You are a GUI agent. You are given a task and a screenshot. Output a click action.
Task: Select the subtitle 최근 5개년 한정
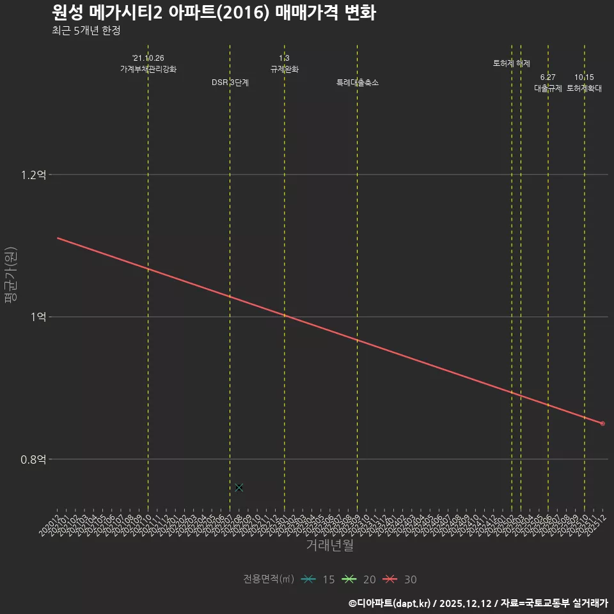click(x=86, y=31)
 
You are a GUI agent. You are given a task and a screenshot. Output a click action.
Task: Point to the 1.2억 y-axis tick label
click(x=33, y=175)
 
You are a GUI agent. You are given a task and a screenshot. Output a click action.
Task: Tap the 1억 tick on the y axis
click(x=38, y=317)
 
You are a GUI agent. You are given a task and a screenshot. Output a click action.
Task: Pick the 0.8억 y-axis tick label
click(x=33, y=459)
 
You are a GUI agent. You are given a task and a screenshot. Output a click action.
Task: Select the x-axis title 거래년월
click(x=329, y=546)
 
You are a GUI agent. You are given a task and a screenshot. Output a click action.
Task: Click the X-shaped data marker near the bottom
click(x=239, y=487)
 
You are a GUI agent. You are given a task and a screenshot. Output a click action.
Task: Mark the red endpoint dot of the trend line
click(x=602, y=423)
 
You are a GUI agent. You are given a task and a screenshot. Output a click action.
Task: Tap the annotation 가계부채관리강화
click(x=148, y=69)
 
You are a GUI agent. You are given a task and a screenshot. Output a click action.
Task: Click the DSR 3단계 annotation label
click(x=230, y=83)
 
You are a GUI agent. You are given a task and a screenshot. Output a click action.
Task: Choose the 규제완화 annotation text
click(x=285, y=69)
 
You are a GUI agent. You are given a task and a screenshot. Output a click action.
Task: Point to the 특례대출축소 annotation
click(x=358, y=83)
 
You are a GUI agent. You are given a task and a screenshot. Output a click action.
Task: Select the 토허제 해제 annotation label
click(x=512, y=63)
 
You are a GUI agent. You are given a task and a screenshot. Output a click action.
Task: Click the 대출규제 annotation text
click(x=548, y=88)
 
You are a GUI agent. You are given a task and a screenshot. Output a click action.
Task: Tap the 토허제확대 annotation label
click(x=584, y=88)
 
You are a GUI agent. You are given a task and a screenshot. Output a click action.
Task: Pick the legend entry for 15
click(x=318, y=579)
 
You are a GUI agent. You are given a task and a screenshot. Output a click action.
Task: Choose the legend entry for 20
click(x=359, y=579)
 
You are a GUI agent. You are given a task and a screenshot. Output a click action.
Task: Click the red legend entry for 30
click(x=400, y=579)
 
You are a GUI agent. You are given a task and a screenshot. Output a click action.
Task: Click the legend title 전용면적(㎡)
click(x=269, y=579)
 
